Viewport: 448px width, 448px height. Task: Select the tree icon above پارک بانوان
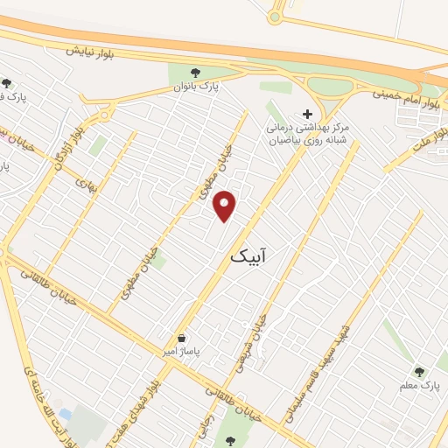tap(206, 73)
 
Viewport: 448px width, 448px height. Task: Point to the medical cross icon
tap(306, 113)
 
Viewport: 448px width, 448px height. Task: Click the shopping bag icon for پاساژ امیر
tap(181, 337)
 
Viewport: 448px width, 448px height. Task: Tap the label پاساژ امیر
tap(185, 351)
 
